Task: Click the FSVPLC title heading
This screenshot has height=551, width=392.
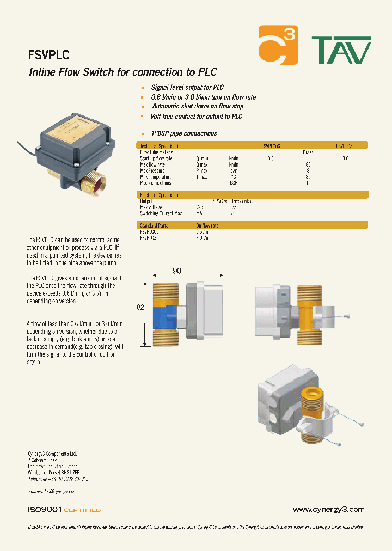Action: pos(48,55)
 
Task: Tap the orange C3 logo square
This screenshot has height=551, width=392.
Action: pos(278,45)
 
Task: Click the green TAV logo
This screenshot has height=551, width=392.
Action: pos(341,51)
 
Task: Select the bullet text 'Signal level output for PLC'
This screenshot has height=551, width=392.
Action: pos(187,87)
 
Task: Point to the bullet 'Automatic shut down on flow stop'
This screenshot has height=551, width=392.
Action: pos(197,107)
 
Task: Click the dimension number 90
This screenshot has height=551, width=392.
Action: pos(176,271)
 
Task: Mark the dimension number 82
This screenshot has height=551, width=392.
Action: pos(140,308)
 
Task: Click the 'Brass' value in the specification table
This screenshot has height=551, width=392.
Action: pos(308,152)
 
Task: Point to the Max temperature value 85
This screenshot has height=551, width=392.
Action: pos(308,176)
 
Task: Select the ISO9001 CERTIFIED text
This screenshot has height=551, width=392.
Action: pos(64,510)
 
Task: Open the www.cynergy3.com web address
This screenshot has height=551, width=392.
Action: pos(328,510)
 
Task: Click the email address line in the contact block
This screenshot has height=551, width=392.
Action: pos(53,491)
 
